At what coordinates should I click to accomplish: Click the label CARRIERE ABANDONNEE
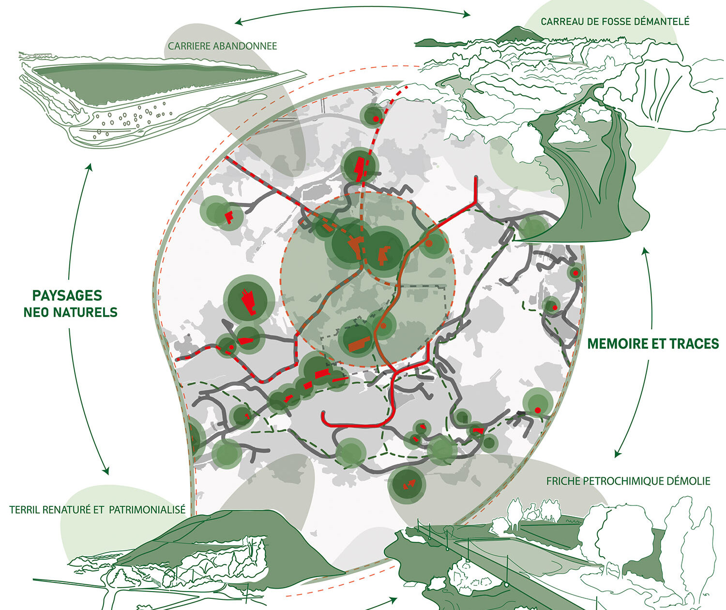222,46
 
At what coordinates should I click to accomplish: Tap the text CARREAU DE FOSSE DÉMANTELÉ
615,21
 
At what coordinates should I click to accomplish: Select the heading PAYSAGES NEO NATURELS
70,304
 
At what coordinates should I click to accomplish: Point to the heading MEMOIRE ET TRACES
653,344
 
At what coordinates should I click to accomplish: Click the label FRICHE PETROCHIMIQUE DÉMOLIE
628,481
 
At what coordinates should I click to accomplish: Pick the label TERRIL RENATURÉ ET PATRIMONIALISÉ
97,510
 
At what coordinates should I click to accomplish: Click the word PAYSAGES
67,296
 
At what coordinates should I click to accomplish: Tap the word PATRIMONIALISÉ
147,510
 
